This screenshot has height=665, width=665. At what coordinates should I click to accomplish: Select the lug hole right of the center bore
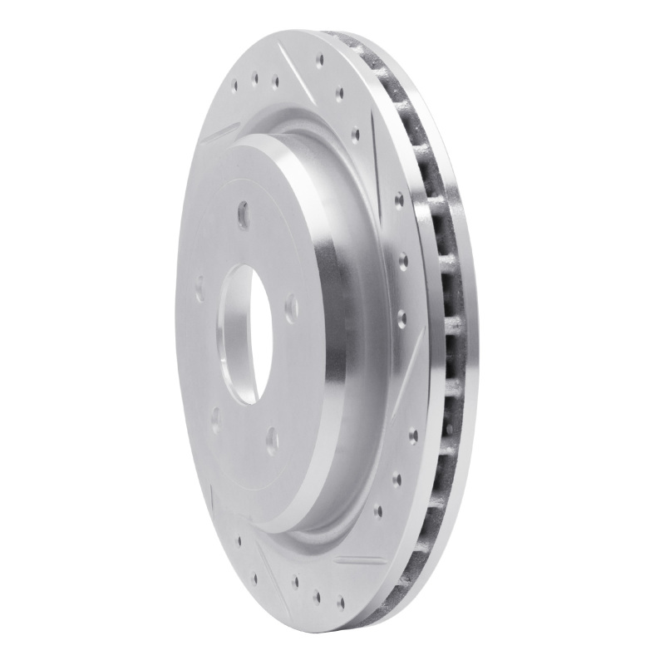(290, 308)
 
